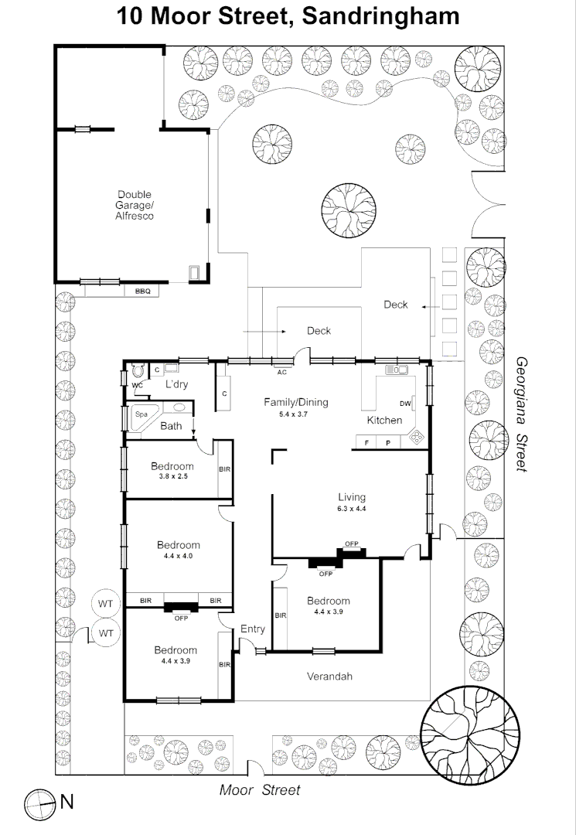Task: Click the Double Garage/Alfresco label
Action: pos(135,205)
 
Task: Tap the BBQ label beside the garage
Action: pos(142,291)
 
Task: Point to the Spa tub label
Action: pos(141,414)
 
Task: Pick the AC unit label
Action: pos(282,372)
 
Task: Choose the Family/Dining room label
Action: pos(296,402)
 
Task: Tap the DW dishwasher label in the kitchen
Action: pos(405,404)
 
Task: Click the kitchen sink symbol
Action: pos(397,370)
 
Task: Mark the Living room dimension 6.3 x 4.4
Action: pos(351,509)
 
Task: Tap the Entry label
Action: pos(253,629)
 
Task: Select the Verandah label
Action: pos(329,677)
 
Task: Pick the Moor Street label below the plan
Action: pos(259,789)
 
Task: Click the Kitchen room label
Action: pos(384,420)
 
